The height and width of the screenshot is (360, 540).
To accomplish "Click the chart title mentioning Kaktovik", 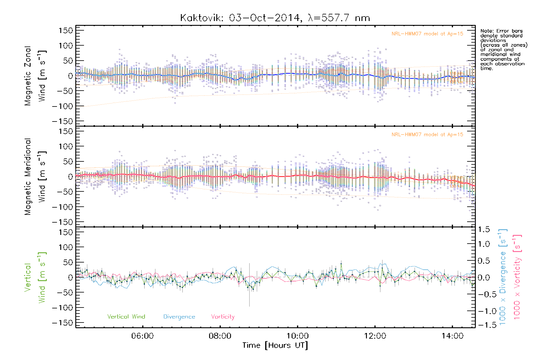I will [x=275, y=18].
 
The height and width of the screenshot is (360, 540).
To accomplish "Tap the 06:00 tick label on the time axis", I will [x=142, y=336].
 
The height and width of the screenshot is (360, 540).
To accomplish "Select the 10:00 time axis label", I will [x=298, y=336].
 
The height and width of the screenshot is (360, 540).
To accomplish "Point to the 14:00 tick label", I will [x=452, y=336].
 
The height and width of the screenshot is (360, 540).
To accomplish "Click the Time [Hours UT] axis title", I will [x=275, y=346].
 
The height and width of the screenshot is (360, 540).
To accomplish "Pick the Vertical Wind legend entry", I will [x=126, y=317].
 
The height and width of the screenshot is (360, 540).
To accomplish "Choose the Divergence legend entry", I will [x=179, y=317].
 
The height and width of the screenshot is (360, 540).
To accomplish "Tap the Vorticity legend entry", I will [x=223, y=317].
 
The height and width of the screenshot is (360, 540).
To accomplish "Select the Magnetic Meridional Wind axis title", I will [x=35, y=177].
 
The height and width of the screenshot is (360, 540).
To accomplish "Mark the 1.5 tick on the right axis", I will [x=484, y=229].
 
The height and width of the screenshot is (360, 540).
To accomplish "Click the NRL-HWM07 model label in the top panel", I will [x=427, y=34].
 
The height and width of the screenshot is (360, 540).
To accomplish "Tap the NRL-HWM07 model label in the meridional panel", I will [x=427, y=135].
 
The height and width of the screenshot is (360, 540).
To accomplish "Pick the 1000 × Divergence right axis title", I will [x=502, y=277].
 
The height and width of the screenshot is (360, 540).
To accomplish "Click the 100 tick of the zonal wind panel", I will [x=66, y=46].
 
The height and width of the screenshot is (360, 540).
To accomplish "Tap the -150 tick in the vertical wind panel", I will [x=62, y=323].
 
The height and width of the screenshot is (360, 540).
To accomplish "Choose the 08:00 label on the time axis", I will [x=220, y=336].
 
